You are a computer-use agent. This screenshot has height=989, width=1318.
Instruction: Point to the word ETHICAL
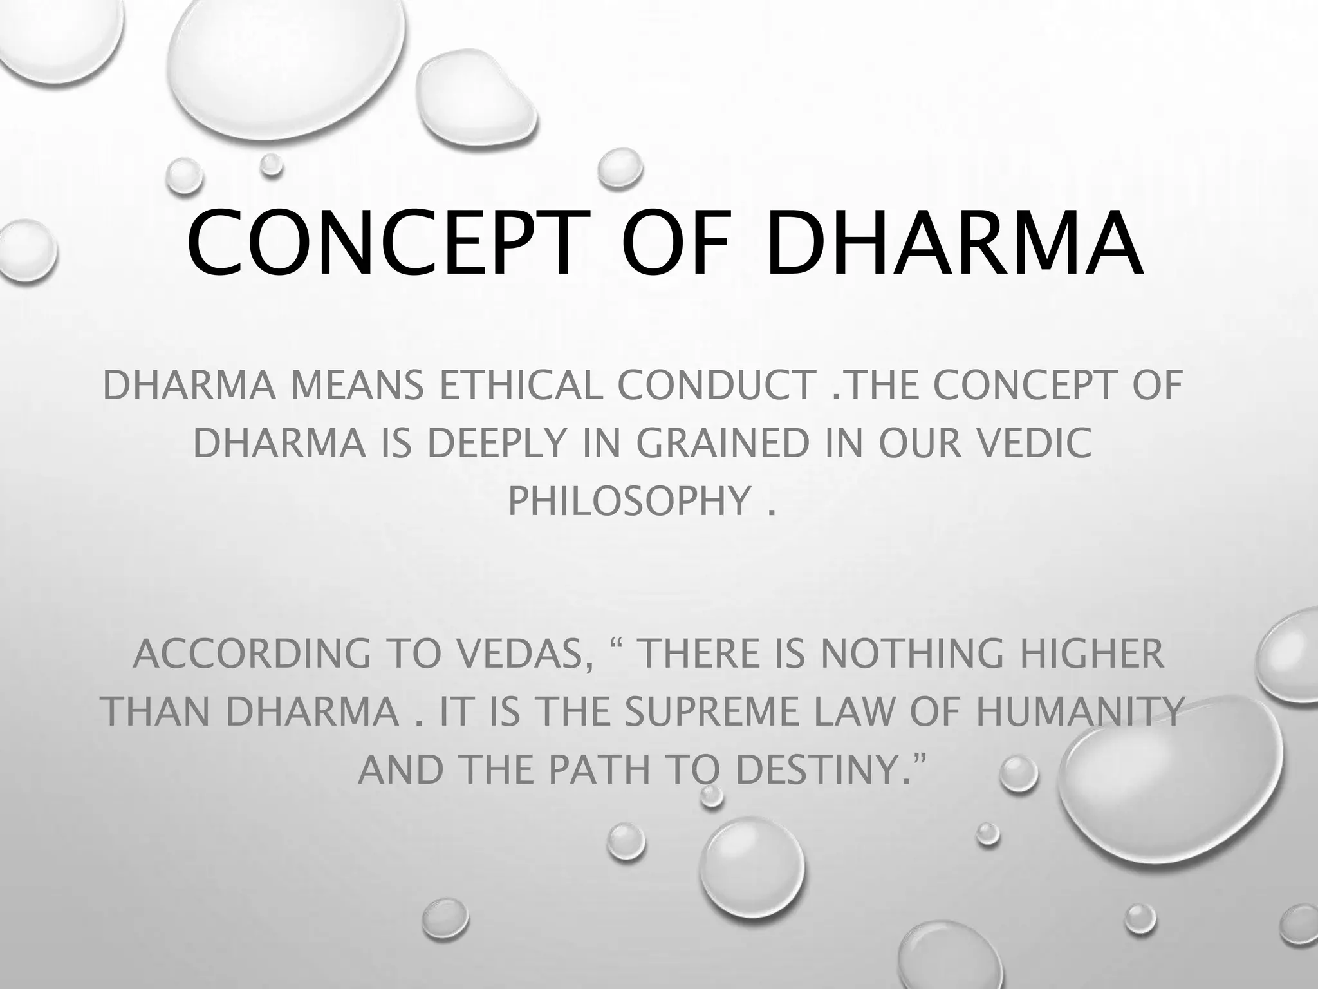(x=520, y=386)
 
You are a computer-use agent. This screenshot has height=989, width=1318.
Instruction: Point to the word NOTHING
(x=911, y=654)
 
